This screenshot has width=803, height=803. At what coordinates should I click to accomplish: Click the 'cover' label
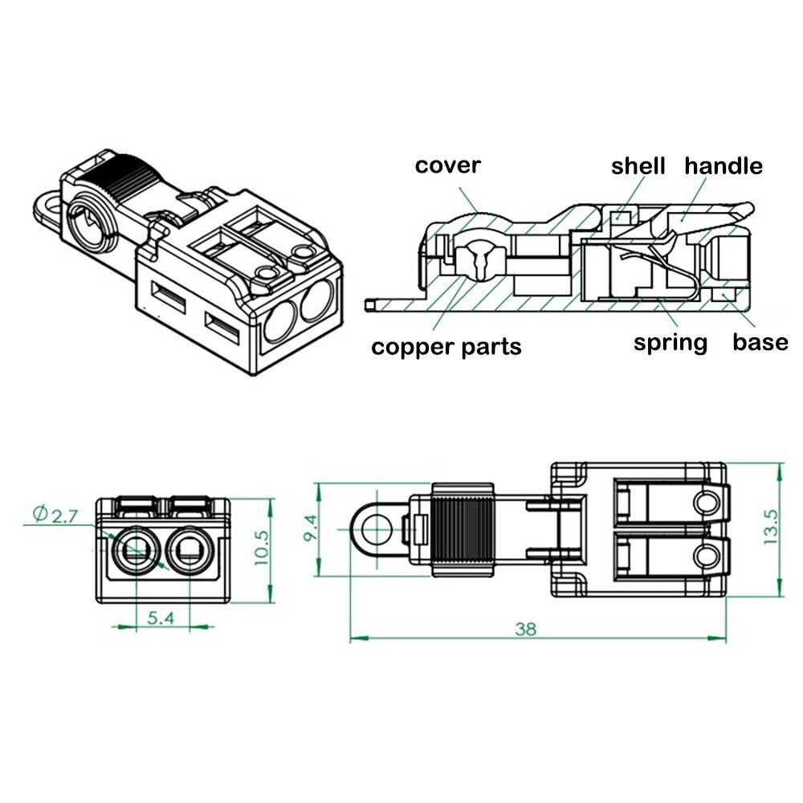(447, 165)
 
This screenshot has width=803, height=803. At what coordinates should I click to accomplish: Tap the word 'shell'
(638, 166)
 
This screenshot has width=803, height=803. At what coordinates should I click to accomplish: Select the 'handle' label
(723, 166)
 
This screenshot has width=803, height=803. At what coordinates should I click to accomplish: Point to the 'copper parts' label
(446, 347)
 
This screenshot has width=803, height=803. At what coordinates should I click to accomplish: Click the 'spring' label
(671, 343)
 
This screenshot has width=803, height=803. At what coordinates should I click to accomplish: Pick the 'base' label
(760, 343)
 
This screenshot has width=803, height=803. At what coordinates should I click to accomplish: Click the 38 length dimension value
(525, 629)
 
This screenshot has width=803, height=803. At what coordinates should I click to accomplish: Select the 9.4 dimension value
(309, 528)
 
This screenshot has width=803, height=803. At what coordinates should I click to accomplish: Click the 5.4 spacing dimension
(161, 617)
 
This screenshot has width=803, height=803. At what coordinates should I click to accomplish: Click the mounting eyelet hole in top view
(374, 529)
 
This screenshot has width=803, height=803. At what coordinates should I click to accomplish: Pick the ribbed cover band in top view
(462, 530)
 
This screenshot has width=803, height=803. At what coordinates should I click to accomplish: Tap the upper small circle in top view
(707, 503)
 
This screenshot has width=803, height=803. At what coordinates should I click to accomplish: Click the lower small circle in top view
(707, 555)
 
